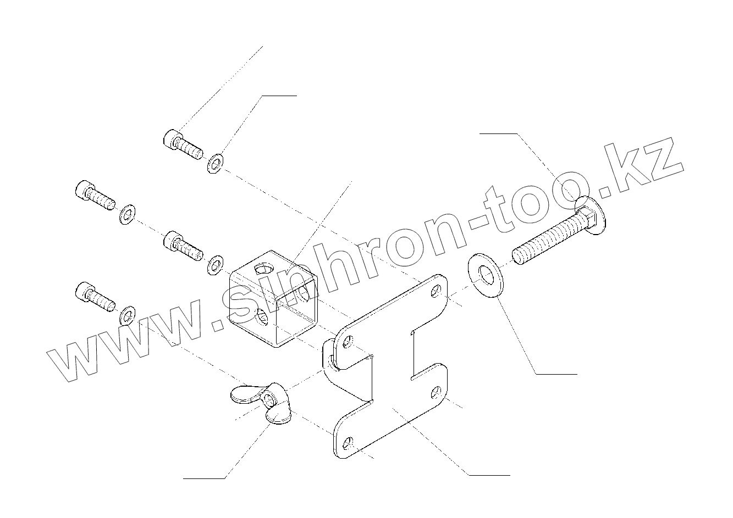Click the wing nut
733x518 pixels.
coord(258,404)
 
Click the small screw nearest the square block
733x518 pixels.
coord(183,245)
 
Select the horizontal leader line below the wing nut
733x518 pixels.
coord(204,478)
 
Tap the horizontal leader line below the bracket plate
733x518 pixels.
coord(488,474)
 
